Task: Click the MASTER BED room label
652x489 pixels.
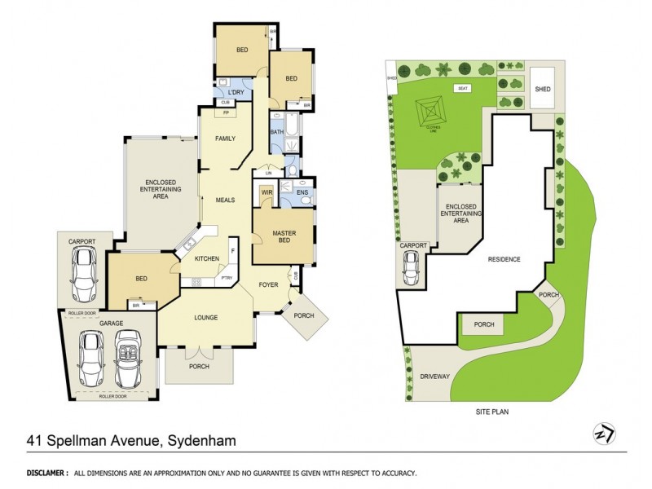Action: coord(283,238)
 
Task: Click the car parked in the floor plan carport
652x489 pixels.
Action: coord(85,274)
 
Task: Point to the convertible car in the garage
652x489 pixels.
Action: coord(129,359)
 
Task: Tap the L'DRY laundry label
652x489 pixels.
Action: coord(236,92)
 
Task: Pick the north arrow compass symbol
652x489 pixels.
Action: coord(604,434)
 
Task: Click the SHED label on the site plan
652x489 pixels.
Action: coord(542,89)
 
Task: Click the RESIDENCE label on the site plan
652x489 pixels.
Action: coord(504,259)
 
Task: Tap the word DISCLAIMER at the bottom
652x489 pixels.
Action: coord(46,473)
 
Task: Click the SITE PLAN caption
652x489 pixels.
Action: coord(493,412)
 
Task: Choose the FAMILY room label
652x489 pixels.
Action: coord(226,139)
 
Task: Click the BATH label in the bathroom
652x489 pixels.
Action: coord(276,132)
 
